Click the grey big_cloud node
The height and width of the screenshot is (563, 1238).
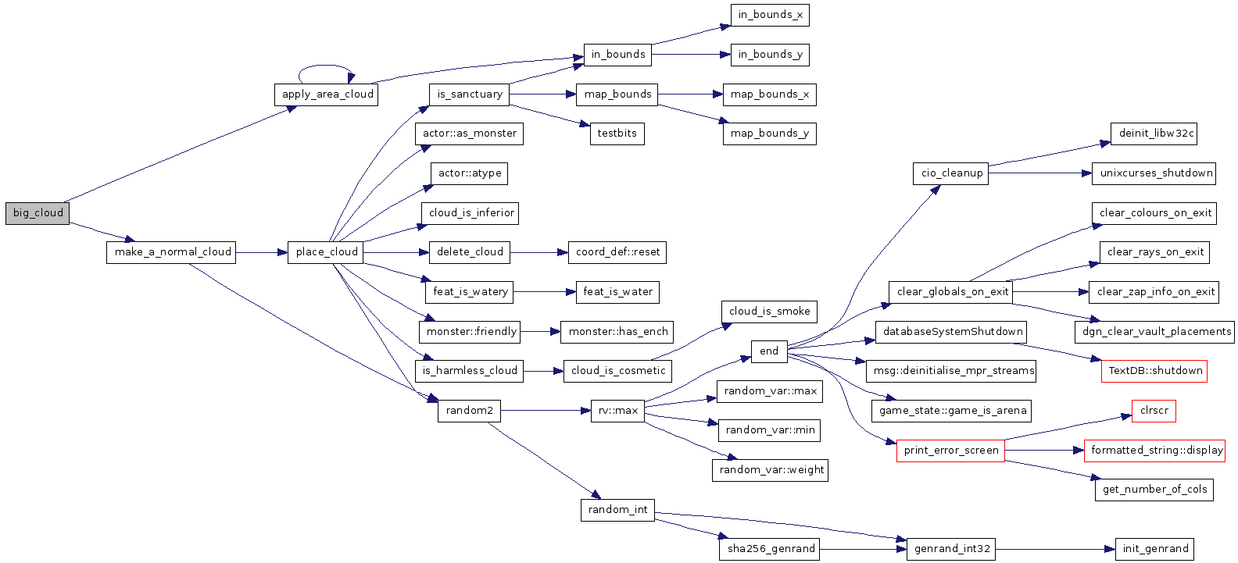tap(38, 213)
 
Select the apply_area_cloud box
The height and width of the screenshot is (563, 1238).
tap(327, 94)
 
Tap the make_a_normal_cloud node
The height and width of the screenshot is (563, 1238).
tap(172, 252)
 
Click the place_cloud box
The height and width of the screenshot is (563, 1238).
tap(327, 252)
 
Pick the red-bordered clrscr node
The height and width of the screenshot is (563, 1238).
tap(1154, 411)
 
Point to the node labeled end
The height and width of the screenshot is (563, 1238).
tap(769, 351)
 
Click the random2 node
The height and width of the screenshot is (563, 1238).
tap(469, 411)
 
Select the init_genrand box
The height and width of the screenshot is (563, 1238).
tap(1155, 549)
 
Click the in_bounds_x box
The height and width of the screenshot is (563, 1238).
tap(770, 15)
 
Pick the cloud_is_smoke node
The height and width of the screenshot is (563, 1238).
tap(769, 312)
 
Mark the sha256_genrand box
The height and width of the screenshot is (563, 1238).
tap(771, 549)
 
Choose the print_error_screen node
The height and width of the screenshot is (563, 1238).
tap(950, 451)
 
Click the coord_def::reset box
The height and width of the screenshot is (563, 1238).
tap(617, 252)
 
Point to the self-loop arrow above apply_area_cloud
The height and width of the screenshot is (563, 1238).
tap(324, 66)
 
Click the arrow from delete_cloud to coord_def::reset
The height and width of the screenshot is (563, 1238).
tap(538, 252)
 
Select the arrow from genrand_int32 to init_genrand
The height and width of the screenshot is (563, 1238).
tap(1055, 549)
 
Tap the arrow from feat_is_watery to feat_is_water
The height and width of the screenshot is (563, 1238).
tap(544, 292)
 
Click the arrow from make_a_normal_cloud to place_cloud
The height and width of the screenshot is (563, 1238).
tap(262, 252)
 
